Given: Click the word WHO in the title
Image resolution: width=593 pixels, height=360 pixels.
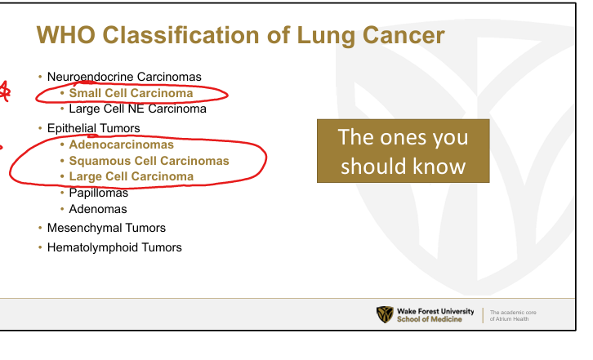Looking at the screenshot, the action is pos(65,35).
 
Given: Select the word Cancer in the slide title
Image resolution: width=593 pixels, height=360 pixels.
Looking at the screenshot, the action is pos(404,35).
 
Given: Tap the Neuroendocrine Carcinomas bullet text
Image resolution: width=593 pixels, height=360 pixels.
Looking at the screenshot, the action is pos(124,77).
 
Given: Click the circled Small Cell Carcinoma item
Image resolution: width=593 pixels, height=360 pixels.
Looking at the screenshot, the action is pos(131,93).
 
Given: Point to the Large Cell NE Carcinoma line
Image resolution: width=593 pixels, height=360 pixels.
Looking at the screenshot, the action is pos(138,109).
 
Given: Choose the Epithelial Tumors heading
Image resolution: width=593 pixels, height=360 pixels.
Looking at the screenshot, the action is pos(93,128).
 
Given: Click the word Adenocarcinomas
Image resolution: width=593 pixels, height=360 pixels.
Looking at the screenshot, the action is pos(122,144).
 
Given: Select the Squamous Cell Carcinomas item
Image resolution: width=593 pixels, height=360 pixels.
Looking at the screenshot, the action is pos(149,161).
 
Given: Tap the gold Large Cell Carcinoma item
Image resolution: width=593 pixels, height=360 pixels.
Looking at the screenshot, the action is pos(132,176).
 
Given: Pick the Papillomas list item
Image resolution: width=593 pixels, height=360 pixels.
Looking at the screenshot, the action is pos(98,193).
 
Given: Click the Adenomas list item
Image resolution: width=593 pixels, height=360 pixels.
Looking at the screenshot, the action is pos(98,209).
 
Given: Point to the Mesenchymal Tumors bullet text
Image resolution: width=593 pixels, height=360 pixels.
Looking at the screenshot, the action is pos(106,228).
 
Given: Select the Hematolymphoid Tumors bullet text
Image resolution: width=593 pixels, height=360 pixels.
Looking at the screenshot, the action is pos(114,247).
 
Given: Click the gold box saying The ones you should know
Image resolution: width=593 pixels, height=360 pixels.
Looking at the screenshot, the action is pos(404,151).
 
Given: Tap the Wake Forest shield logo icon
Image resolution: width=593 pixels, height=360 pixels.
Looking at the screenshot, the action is pos(385,314).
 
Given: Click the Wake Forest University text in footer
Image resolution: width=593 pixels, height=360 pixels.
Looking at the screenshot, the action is pos(435,311).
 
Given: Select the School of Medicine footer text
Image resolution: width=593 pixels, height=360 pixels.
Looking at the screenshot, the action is pos(430,319).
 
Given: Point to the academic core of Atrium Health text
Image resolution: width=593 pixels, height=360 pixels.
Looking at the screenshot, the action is pos(513,316).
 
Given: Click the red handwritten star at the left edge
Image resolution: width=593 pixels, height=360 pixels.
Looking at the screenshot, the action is pos(5,91).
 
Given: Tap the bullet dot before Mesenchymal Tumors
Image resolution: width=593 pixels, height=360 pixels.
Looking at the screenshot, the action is pos(40,228).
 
